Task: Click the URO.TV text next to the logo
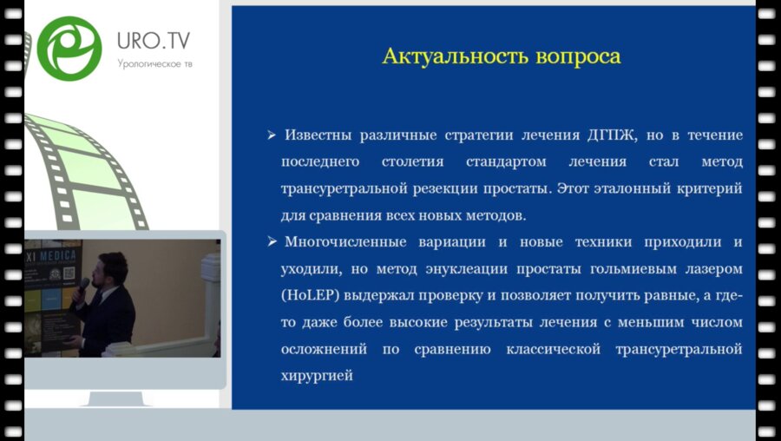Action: click(x=154, y=41)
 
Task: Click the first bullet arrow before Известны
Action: click(x=272, y=135)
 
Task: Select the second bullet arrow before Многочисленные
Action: click(x=272, y=240)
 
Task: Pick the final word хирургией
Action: click(x=317, y=375)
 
